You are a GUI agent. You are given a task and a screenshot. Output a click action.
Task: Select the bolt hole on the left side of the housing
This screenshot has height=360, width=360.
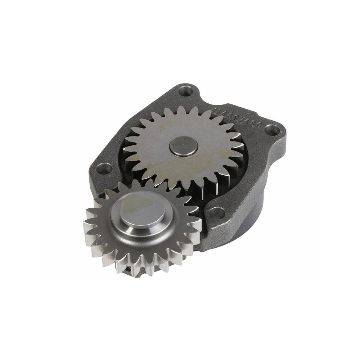pos(104,168)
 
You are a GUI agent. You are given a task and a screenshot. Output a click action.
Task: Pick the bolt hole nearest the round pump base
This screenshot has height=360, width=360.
pos(217,213)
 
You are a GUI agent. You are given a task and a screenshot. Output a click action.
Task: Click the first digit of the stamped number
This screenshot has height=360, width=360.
pos(215,109)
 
